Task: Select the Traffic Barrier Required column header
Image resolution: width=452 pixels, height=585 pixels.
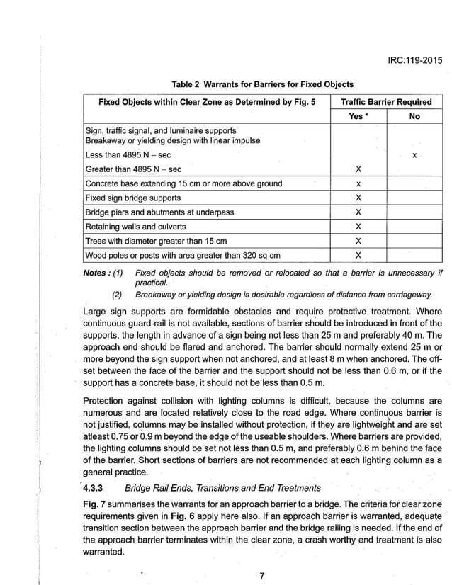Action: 385,102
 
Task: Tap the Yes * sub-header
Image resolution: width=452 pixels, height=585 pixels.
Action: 358,116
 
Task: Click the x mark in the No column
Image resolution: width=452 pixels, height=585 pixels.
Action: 414,154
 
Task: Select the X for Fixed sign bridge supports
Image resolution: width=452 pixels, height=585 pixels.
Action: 358,198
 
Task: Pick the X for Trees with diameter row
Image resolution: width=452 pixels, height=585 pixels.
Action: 358,241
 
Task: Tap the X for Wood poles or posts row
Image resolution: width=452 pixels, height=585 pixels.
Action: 358,255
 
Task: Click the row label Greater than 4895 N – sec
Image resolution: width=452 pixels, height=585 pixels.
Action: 133,169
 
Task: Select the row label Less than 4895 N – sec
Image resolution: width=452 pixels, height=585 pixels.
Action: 128,154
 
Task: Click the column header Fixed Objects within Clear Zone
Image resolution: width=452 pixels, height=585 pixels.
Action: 205,102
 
